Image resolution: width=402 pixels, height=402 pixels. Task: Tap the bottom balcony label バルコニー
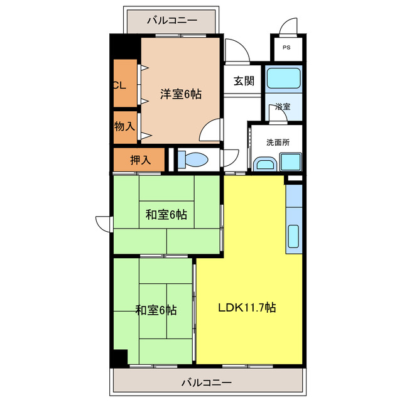point(207,382)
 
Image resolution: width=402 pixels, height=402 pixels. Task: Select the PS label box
point(286,48)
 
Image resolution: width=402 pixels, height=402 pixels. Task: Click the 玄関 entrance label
point(244,80)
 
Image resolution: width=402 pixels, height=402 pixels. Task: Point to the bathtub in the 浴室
point(282,79)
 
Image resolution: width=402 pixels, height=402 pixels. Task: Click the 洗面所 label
point(278,142)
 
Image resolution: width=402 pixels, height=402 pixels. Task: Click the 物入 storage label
point(124,126)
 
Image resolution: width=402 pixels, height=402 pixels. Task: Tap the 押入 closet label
point(140,160)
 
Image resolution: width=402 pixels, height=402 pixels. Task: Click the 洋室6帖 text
point(180,94)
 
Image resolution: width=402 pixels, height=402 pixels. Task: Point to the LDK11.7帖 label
point(247,308)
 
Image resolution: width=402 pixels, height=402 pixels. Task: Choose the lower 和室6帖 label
point(156,310)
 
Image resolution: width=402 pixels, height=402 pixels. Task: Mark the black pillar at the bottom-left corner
point(119,356)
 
